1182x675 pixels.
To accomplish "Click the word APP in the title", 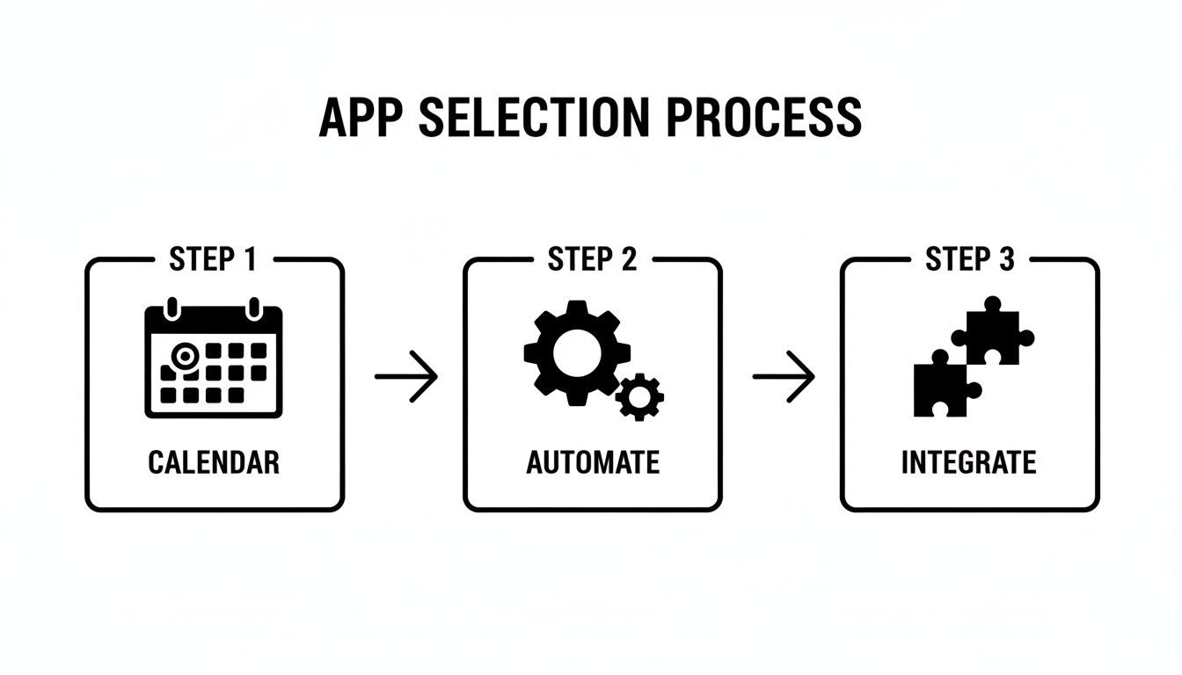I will tap(360, 117).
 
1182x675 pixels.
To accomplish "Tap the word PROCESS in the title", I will tap(764, 117).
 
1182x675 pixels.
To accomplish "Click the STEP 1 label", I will tap(214, 260).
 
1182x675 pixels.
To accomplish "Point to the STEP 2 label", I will tap(592, 260).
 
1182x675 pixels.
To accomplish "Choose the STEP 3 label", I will tap(969, 260).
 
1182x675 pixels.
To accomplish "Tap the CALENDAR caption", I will tap(214, 462).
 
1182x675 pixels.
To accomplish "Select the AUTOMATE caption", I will tap(592, 462).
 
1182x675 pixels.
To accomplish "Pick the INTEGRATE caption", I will tap(969, 462).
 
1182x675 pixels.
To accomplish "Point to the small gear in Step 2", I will tap(639, 397).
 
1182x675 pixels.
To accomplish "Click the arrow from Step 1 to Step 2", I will tap(405, 376).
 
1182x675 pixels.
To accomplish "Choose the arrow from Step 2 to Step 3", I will tap(784, 376).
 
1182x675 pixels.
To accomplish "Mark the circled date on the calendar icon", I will tap(185, 355).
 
